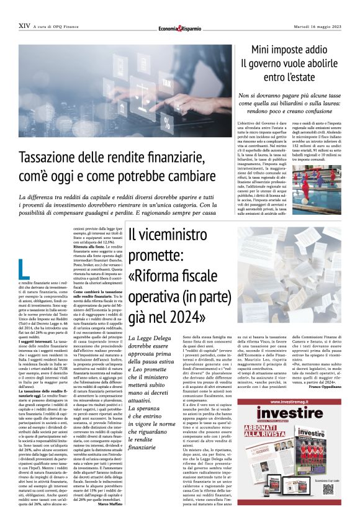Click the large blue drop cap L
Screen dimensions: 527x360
coord(24,285)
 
